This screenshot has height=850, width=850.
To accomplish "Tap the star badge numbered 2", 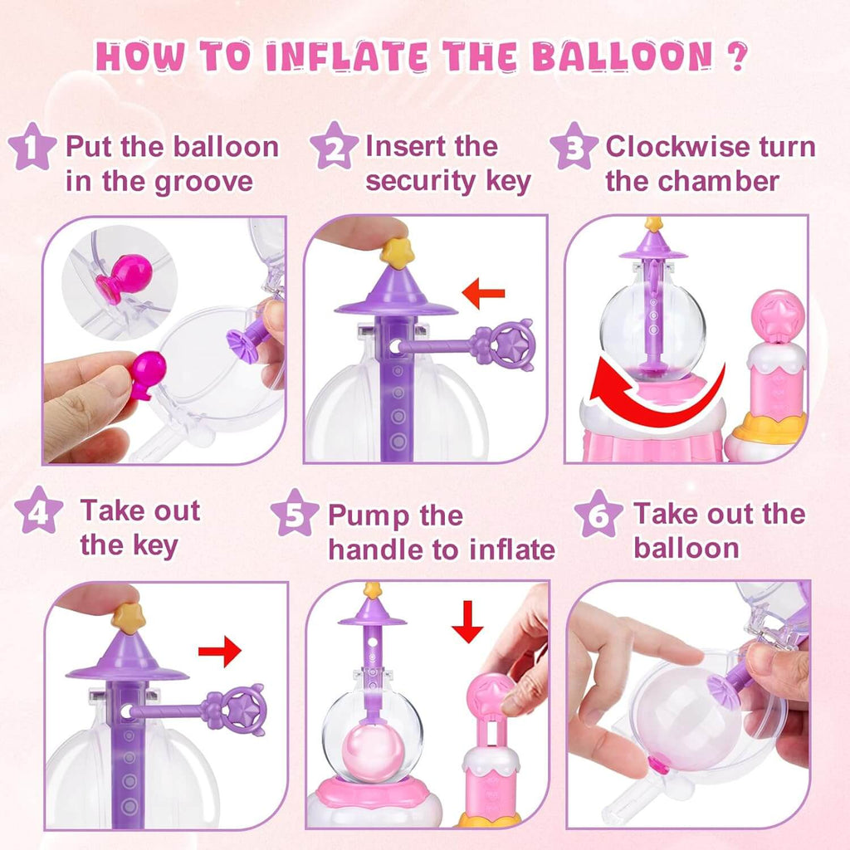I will click(x=334, y=145).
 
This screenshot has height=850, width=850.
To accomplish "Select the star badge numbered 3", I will click(x=574, y=145).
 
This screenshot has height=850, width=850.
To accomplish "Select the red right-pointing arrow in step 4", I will click(x=220, y=652).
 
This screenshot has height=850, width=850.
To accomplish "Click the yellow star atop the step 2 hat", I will click(x=397, y=252).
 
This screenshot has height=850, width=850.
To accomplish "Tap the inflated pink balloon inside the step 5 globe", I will click(x=373, y=754).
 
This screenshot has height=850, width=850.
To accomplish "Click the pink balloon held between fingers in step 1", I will click(x=146, y=371).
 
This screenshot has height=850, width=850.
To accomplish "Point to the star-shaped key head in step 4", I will click(x=242, y=710).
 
